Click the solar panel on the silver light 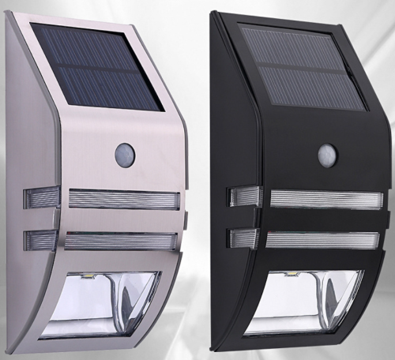(98, 66)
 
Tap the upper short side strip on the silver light (42, 197)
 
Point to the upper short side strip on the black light (244, 197)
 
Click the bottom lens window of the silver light (111, 303)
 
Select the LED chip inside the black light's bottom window (291, 276)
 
